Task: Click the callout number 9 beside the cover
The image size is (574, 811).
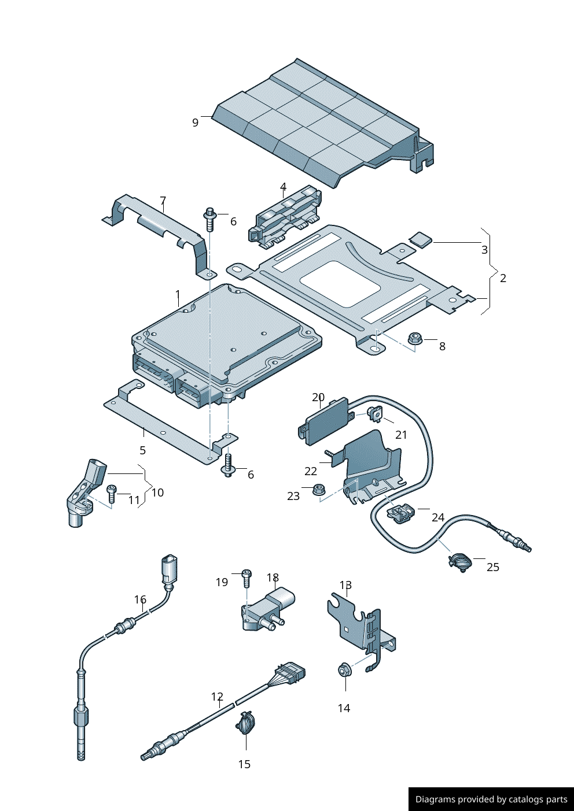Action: coord(196,123)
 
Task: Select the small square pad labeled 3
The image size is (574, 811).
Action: coord(421,238)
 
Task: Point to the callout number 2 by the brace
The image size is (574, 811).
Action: coord(503,278)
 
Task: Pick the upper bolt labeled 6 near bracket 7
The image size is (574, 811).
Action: coord(209,219)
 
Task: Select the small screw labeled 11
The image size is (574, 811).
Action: coord(112,494)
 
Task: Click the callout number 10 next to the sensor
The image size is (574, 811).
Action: coord(157,492)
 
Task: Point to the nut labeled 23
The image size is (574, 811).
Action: coord(317,490)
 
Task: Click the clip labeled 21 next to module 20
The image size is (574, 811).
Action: coord(374,413)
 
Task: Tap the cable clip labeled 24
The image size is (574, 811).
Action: coord(401,512)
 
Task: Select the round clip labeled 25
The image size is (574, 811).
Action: coord(460,561)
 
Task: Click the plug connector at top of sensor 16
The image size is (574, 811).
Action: coord(169,569)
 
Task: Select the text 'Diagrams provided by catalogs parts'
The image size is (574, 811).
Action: coord(491,799)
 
